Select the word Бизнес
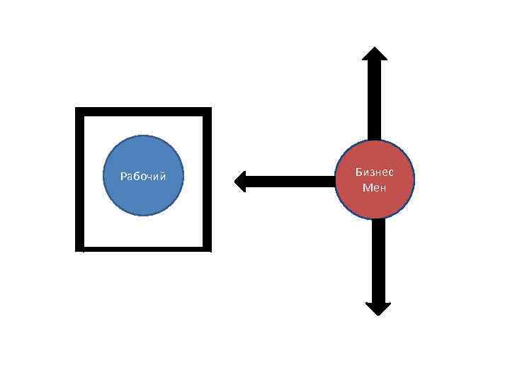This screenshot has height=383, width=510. point(375,172)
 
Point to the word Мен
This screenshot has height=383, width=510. point(375,188)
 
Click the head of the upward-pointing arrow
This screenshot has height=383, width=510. point(375,54)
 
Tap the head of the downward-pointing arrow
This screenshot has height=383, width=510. point(378,308)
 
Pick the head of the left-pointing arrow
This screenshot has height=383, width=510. point(239,181)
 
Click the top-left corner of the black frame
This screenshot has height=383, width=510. point(79,111)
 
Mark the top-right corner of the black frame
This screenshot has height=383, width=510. point(207,111)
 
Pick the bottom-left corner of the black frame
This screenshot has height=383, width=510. point(79,248)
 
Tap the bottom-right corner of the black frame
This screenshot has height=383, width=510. point(207,248)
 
